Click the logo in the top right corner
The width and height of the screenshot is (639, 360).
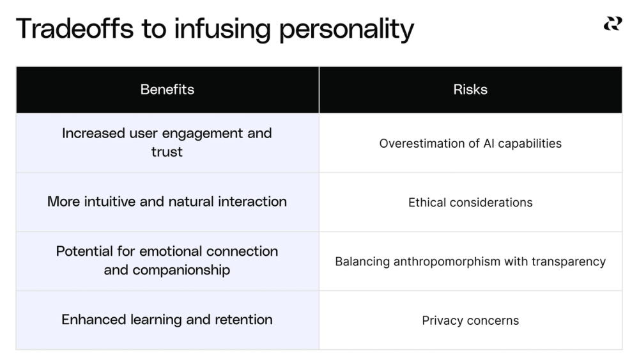(612, 24)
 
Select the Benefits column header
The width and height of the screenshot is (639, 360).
(167, 90)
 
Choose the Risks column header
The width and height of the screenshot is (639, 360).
(470, 90)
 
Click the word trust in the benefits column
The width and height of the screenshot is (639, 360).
(167, 152)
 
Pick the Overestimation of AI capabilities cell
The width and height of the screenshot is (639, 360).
(470, 143)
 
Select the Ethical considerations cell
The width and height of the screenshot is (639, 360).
(470, 203)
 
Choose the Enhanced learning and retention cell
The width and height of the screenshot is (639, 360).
(167, 320)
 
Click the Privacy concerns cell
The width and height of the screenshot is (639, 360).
(470, 320)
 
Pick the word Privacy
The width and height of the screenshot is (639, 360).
(443, 320)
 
